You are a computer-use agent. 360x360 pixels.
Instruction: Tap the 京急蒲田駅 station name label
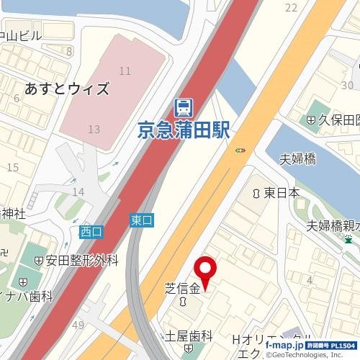tap(183, 130)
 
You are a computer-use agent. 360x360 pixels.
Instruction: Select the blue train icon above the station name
tap(183, 108)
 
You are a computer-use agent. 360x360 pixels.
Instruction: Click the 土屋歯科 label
tap(189, 336)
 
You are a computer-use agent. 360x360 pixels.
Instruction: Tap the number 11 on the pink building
tap(125, 71)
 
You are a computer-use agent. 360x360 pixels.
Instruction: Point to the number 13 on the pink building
tap(93, 129)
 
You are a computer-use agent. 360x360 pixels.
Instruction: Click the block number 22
tap(291, 7)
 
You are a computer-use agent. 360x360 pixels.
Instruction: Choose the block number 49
tap(78, 325)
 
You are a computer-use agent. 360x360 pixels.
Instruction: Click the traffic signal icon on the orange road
tap(240, 150)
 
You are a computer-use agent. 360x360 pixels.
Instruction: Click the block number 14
tap(78, 192)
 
